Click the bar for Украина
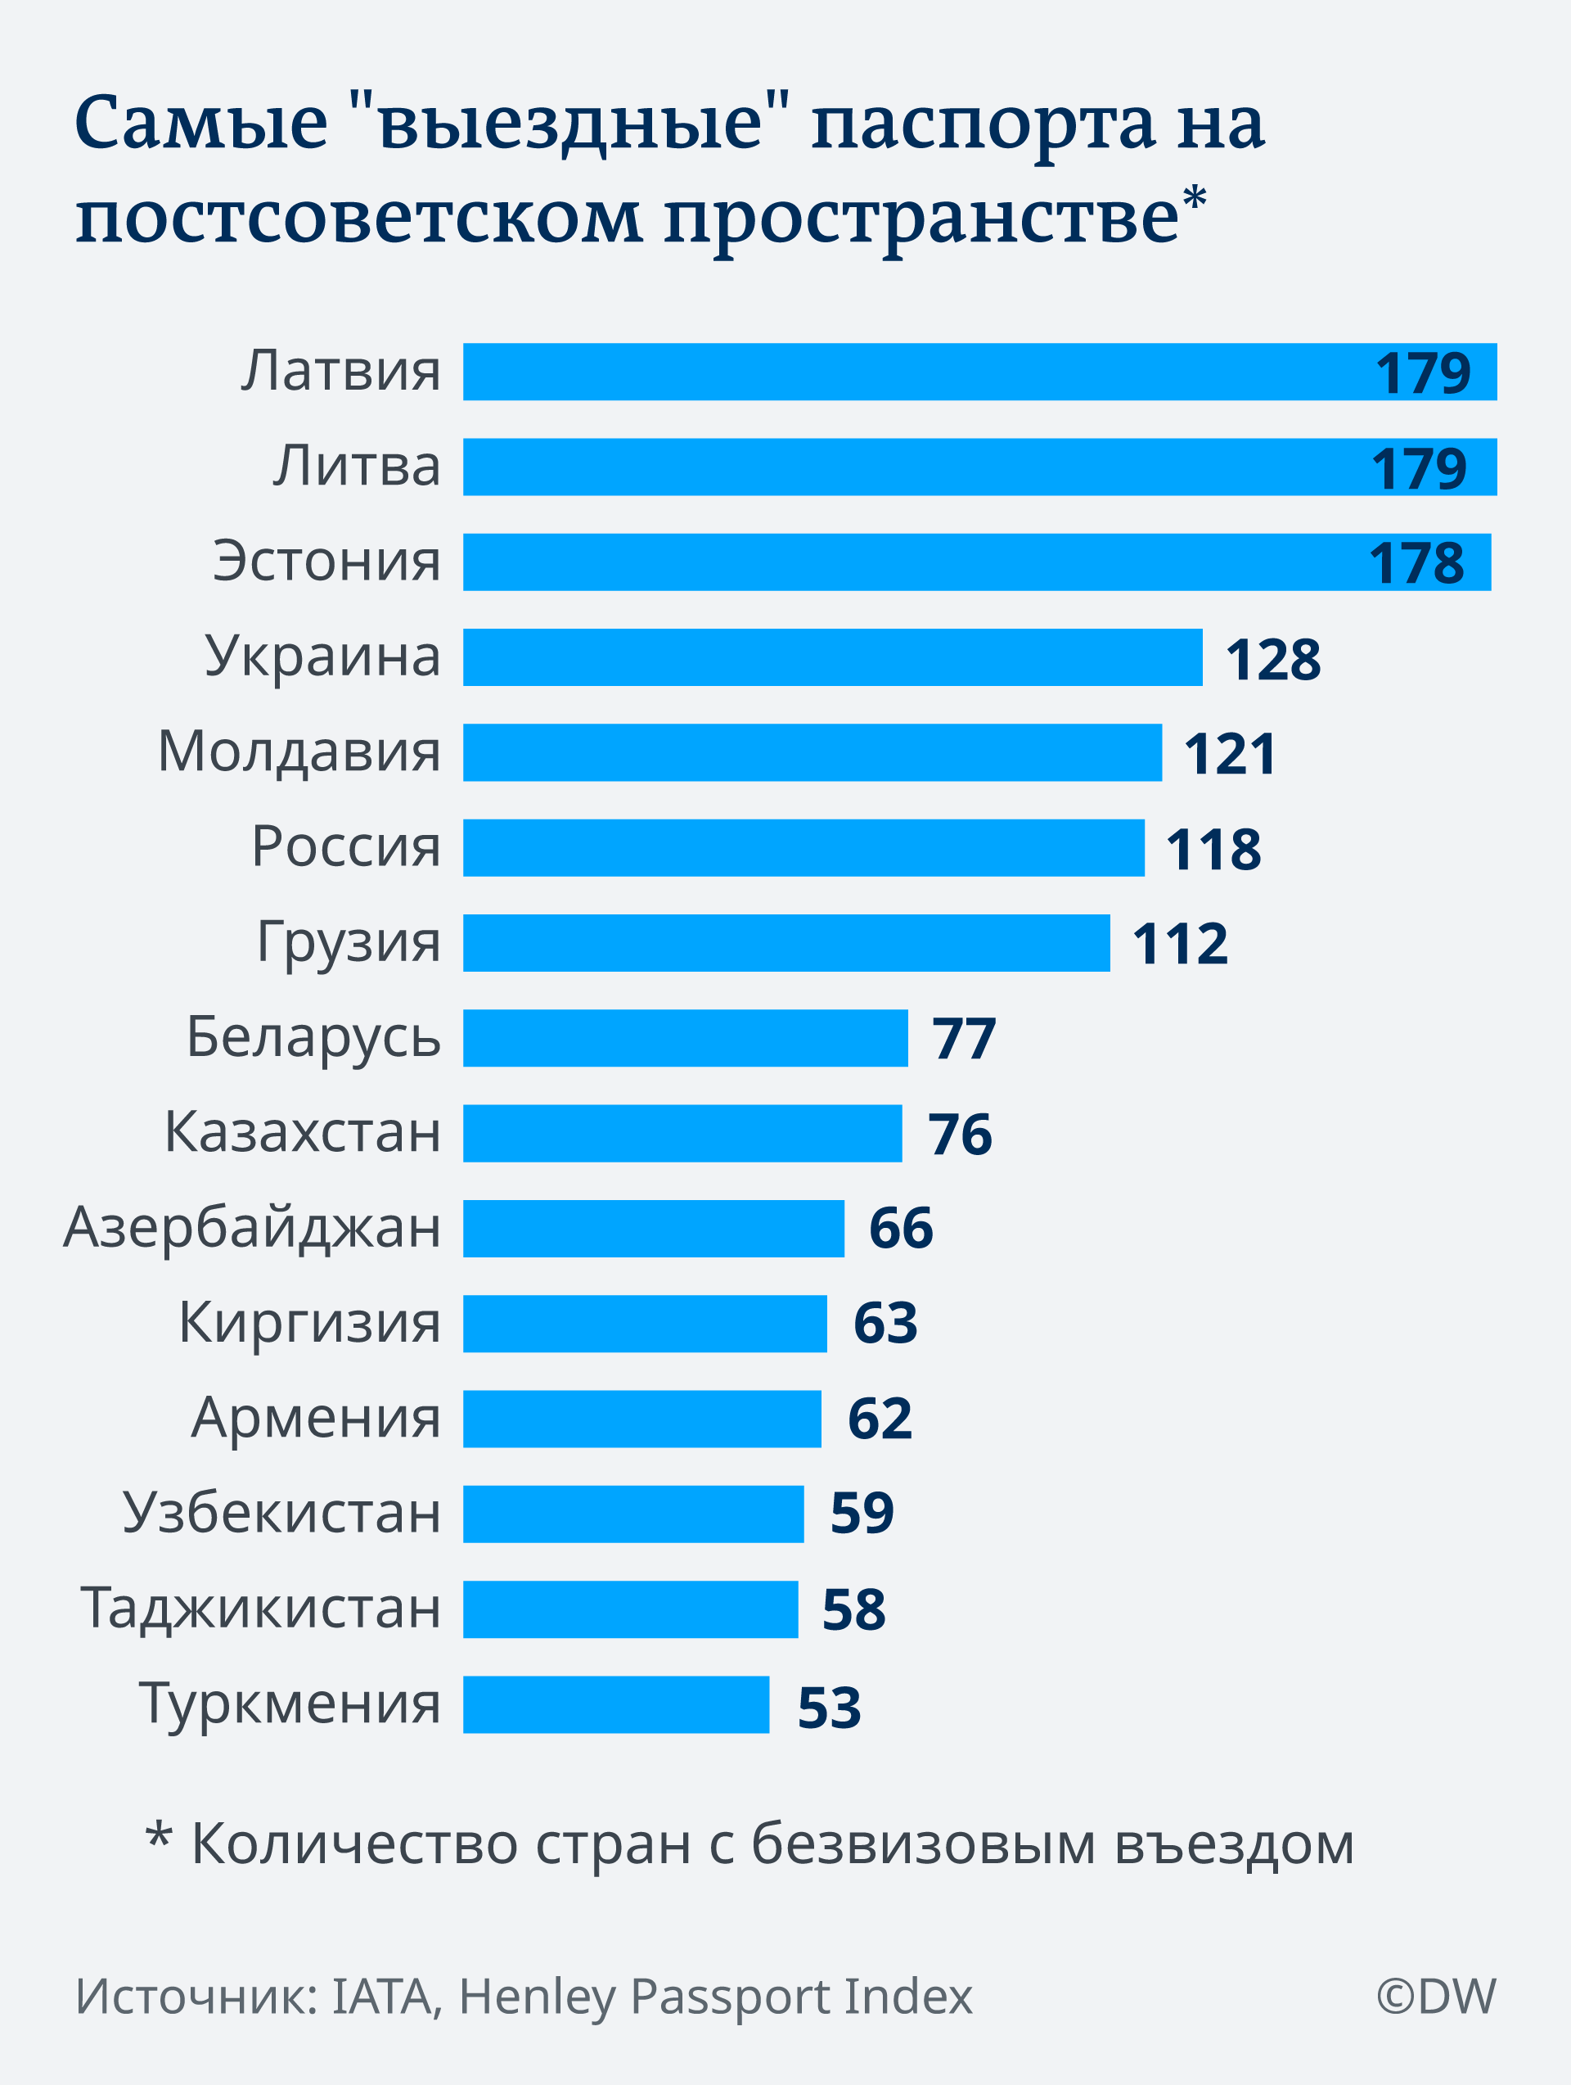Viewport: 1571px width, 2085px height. (832, 657)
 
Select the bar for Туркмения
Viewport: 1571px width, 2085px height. (615, 1704)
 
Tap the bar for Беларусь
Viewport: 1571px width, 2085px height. (685, 1038)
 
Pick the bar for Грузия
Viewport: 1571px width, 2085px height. (786, 942)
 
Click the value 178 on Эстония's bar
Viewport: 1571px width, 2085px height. (1416, 564)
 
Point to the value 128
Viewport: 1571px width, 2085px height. (1272, 659)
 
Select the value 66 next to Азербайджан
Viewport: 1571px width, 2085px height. (900, 1228)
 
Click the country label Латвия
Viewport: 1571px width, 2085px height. (340, 371)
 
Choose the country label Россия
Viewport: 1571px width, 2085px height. (346, 846)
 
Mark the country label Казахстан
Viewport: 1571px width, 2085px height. (303, 1132)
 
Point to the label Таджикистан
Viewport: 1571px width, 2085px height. (260, 1608)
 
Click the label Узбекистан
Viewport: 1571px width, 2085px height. (281, 1513)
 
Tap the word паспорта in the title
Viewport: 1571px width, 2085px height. (982, 125)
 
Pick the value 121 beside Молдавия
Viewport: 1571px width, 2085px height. (1230, 754)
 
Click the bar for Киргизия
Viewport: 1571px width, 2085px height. (645, 1324)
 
